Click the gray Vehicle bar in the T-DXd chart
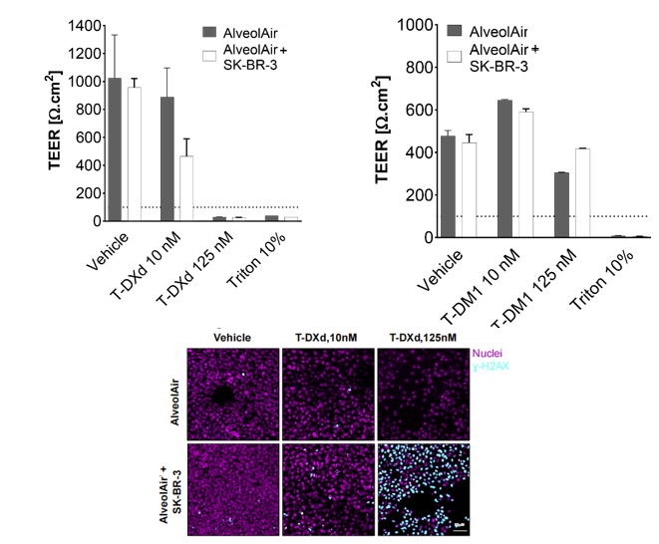point(115,149)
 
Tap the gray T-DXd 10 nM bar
point(166,159)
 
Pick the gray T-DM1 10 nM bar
point(505,169)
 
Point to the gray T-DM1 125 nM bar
point(561,205)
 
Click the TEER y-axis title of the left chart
point(56,121)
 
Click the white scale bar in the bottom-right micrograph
point(461,529)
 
